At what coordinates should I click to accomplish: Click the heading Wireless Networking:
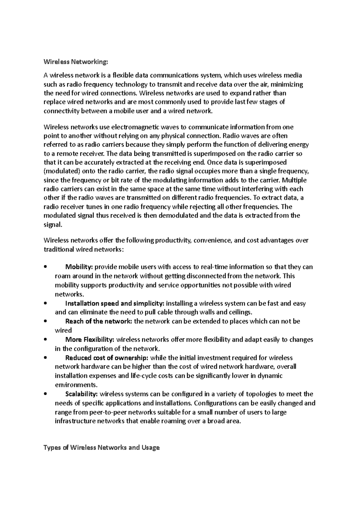click(x=75, y=62)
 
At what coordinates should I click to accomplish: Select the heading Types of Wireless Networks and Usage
click(x=101, y=448)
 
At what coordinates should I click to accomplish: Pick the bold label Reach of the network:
click(x=98, y=321)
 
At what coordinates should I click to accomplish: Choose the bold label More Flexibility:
click(x=90, y=340)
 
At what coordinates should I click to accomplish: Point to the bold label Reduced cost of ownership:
click(x=106, y=358)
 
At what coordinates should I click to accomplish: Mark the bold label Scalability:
click(x=81, y=394)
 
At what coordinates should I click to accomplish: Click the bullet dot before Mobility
click(x=45, y=267)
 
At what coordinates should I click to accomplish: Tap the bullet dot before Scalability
click(x=45, y=394)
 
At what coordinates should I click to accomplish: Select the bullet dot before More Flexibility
click(x=45, y=340)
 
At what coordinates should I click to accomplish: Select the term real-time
click(x=215, y=267)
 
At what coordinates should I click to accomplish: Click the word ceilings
click(x=240, y=312)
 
